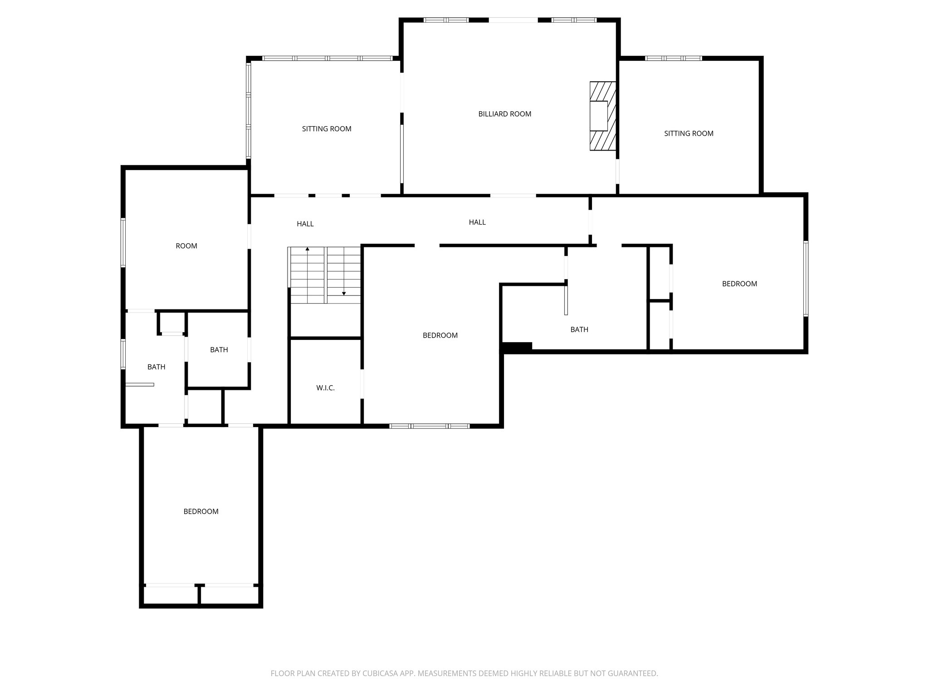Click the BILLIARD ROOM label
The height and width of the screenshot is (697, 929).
click(x=504, y=114)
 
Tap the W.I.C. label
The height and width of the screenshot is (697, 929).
click(x=325, y=388)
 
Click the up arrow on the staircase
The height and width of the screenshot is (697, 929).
click(x=308, y=249)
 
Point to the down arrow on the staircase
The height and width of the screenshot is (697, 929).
click(x=344, y=293)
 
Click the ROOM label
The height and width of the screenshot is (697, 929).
click(x=186, y=246)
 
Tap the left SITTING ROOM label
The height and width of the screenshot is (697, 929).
click(x=327, y=129)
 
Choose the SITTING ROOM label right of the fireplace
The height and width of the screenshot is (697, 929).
click(x=689, y=133)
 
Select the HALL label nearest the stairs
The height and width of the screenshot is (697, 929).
click(x=305, y=224)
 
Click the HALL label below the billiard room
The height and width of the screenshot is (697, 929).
click(x=477, y=222)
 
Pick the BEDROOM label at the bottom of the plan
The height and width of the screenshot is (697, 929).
click(x=201, y=511)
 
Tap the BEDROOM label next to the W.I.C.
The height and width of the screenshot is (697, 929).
click(x=440, y=335)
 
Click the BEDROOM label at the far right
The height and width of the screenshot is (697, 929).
click(x=739, y=284)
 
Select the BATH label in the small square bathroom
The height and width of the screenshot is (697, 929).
click(x=219, y=350)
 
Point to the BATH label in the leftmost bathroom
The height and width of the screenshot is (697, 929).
click(x=156, y=367)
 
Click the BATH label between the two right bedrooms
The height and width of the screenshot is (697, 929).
click(x=579, y=329)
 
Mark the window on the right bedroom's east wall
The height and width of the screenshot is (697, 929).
click(x=806, y=278)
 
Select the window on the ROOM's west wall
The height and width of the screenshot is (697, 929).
click(x=123, y=243)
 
